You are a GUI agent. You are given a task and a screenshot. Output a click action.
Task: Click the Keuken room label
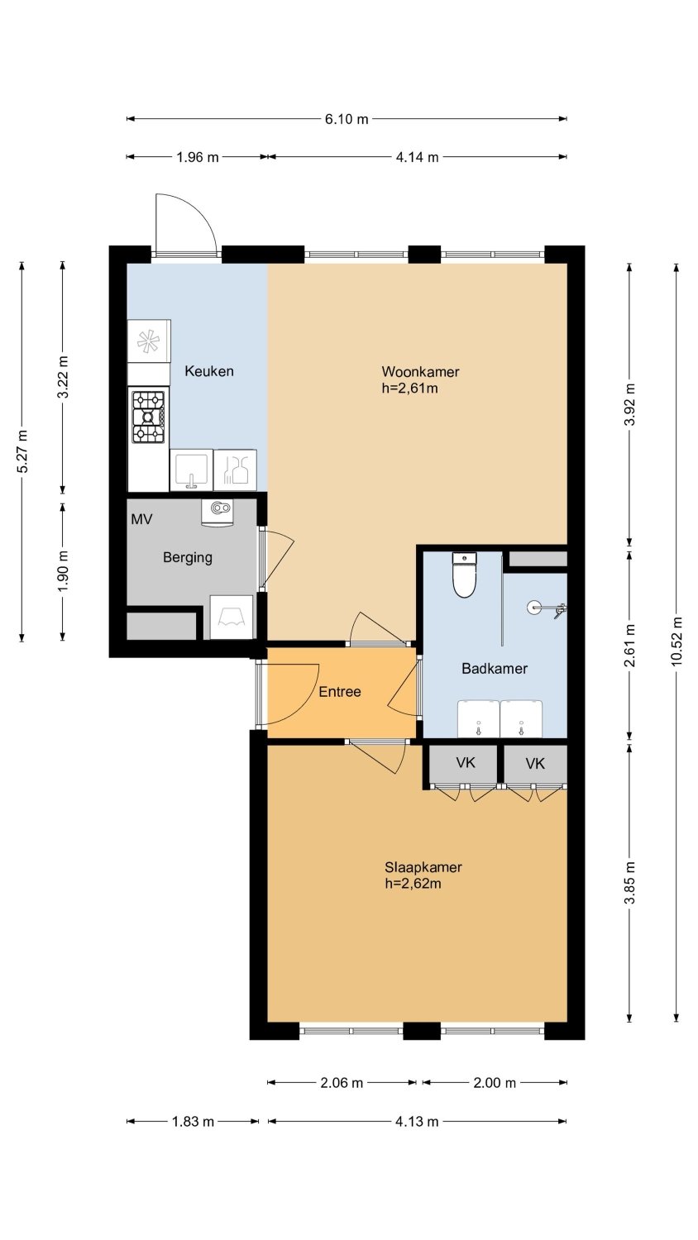(x=209, y=371)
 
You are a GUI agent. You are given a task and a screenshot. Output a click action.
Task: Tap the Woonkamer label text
(x=420, y=371)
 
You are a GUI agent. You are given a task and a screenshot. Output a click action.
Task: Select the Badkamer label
(x=494, y=668)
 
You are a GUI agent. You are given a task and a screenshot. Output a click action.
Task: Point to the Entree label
(x=340, y=691)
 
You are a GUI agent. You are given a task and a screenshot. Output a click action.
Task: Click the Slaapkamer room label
(x=423, y=867)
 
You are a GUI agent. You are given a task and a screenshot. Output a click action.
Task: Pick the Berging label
(x=187, y=557)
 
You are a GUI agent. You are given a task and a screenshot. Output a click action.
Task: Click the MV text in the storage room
(x=141, y=519)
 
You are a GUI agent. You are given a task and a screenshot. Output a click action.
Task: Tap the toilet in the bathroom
(x=464, y=575)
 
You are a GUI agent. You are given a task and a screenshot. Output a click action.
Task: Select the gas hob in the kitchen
(x=149, y=417)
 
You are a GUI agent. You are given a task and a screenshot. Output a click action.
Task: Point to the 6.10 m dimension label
(x=347, y=119)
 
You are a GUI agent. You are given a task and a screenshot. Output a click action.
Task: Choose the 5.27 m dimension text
(x=22, y=451)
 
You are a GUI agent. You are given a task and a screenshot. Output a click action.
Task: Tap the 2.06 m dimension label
(x=342, y=1083)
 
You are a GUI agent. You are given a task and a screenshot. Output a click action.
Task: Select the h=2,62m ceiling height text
(x=414, y=883)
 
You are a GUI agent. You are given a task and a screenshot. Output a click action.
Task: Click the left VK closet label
(x=466, y=763)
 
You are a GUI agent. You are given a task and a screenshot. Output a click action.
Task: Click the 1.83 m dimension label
(x=193, y=1122)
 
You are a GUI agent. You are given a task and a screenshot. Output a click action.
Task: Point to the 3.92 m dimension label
(x=629, y=404)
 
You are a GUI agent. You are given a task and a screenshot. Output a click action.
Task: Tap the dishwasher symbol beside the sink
(x=236, y=470)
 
